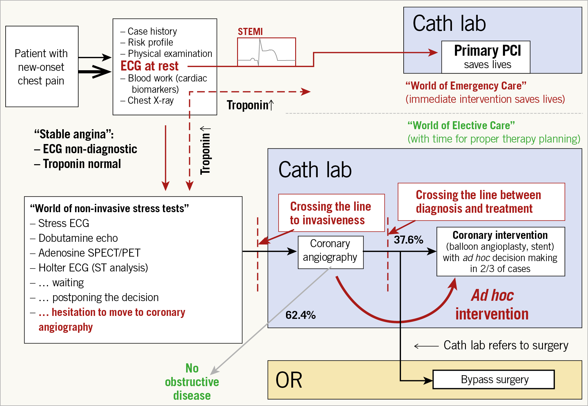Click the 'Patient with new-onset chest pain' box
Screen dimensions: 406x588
click(x=42, y=66)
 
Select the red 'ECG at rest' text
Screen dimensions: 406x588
click(x=149, y=66)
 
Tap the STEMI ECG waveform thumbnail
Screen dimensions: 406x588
click(x=266, y=52)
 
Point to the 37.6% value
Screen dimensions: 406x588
click(x=408, y=240)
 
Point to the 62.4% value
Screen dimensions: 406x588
click(x=301, y=315)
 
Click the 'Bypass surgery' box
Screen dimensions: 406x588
click(x=494, y=379)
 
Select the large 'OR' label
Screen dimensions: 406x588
click(x=289, y=380)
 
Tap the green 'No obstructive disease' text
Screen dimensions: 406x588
click(x=192, y=382)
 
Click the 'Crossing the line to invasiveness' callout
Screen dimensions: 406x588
click(x=331, y=213)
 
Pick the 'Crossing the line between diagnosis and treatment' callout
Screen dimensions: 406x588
click(x=481, y=202)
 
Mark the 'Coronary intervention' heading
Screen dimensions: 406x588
click(x=500, y=235)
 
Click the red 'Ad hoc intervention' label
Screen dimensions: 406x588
click(x=492, y=305)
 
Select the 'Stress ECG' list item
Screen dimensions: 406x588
click(x=63, y=223)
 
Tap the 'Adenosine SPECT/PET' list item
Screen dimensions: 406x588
click(x=89, y=253)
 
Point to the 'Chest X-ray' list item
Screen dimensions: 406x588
click(x=151, y=100)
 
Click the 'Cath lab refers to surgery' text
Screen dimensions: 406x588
click(x=506, y=345)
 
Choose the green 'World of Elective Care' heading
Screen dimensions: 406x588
click(x=461, y=125)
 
